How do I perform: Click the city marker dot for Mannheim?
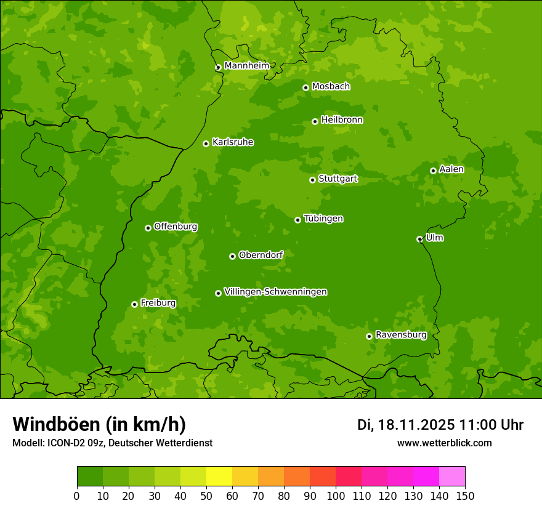point(218,68)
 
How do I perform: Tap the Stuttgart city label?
point(338,179)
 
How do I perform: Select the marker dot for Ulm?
point(419,239)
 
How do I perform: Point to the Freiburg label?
point(158,303)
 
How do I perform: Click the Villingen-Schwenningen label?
point(275,292)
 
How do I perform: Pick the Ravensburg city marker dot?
point(369,336)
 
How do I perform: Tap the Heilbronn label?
point(342,120)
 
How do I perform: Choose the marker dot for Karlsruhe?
point(206,143)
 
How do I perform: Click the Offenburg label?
point(176,227)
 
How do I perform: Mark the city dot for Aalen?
point(433,171)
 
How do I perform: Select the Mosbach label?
point(331,87)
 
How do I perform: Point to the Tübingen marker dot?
point(297,220)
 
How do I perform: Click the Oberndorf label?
point(261,255)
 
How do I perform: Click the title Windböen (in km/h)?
point(99,424)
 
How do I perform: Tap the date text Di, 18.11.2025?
point(405,425)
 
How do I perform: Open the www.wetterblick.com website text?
point(444,443)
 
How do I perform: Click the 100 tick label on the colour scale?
point(336,496)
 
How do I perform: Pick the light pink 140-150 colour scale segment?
point(452,477)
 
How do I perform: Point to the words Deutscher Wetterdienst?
point(169,443)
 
